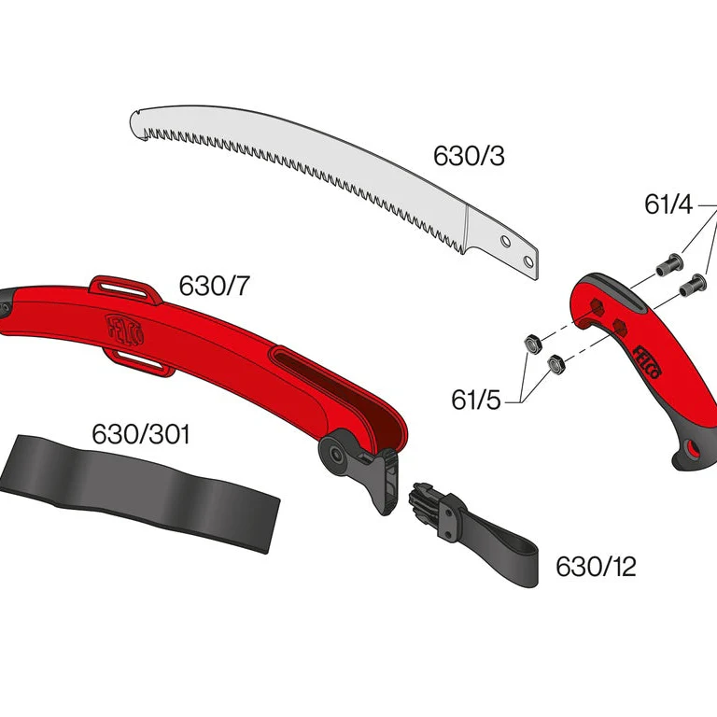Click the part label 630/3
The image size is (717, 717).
click(x=469, y=156)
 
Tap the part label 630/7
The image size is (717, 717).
click(x=214, y=286)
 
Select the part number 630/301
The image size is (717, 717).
click(x=140, y=434)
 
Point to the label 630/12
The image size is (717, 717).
click(x=596, y=567)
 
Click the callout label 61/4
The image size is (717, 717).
click(x=668, y=204)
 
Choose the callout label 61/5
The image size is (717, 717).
click(x=476, y=400)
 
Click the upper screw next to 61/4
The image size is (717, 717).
click(x=669, y=265)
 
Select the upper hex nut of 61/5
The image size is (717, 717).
click(x=533, y=344)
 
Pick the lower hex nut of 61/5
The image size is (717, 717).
click(x=556, y=364)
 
